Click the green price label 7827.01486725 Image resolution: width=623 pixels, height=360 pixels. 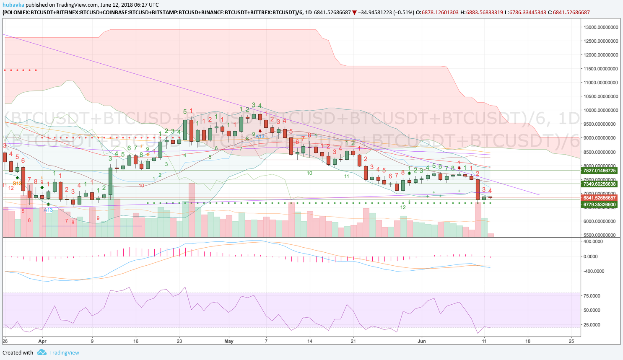tap(600, 171)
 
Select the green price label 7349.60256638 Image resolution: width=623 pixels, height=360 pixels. tap(600, 184)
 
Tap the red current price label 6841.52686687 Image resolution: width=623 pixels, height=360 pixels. tap(600, 198)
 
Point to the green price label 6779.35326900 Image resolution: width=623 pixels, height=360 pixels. tap(600, 205)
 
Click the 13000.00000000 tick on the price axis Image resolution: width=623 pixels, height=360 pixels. tap(601, 27)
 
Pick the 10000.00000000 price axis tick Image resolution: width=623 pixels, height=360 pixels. tap(601, 110)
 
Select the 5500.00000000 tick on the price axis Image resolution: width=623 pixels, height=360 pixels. tap(601, 235)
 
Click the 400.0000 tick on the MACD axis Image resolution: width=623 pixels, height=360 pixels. tap(593, 241)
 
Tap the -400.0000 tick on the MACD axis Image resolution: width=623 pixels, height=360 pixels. tap(592, 271)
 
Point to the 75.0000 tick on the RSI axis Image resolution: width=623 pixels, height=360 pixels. tap(592, 296)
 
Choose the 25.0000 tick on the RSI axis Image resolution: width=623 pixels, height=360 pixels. tap(592, 325)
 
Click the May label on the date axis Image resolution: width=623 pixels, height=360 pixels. tap(229, 341)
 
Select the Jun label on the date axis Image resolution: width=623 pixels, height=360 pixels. tap(422, 341)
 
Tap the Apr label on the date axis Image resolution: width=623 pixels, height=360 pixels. tap(42, 341)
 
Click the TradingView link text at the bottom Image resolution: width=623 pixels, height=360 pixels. tap(64, 352)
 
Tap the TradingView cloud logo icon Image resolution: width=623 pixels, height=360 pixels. tap(42, 352)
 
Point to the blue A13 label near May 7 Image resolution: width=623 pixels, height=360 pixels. tap(260, 137)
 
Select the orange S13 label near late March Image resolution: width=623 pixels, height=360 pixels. tap(17, 184)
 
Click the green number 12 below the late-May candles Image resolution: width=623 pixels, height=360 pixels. tap(403, 207)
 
